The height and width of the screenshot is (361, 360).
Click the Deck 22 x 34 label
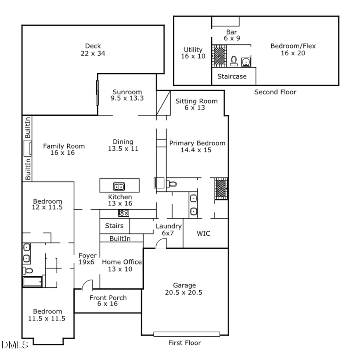(93, 50)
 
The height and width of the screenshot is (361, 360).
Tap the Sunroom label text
(127, 92)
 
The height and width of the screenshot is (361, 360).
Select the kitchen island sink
(118, 186)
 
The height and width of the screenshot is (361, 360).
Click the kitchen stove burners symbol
(123, 213)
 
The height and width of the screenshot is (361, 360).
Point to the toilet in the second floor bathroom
(234, 61)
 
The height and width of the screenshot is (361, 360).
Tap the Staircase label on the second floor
(232, 76)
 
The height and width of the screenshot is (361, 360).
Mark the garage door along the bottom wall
(187, 334)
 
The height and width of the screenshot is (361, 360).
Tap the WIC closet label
(203, 233)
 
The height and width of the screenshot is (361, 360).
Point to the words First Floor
(184, 343)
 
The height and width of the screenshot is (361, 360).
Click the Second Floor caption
(275, 92)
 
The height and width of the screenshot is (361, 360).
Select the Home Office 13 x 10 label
(122, 265)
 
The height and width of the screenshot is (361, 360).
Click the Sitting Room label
(196, 104)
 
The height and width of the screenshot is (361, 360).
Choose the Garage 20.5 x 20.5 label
(184, 289)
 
